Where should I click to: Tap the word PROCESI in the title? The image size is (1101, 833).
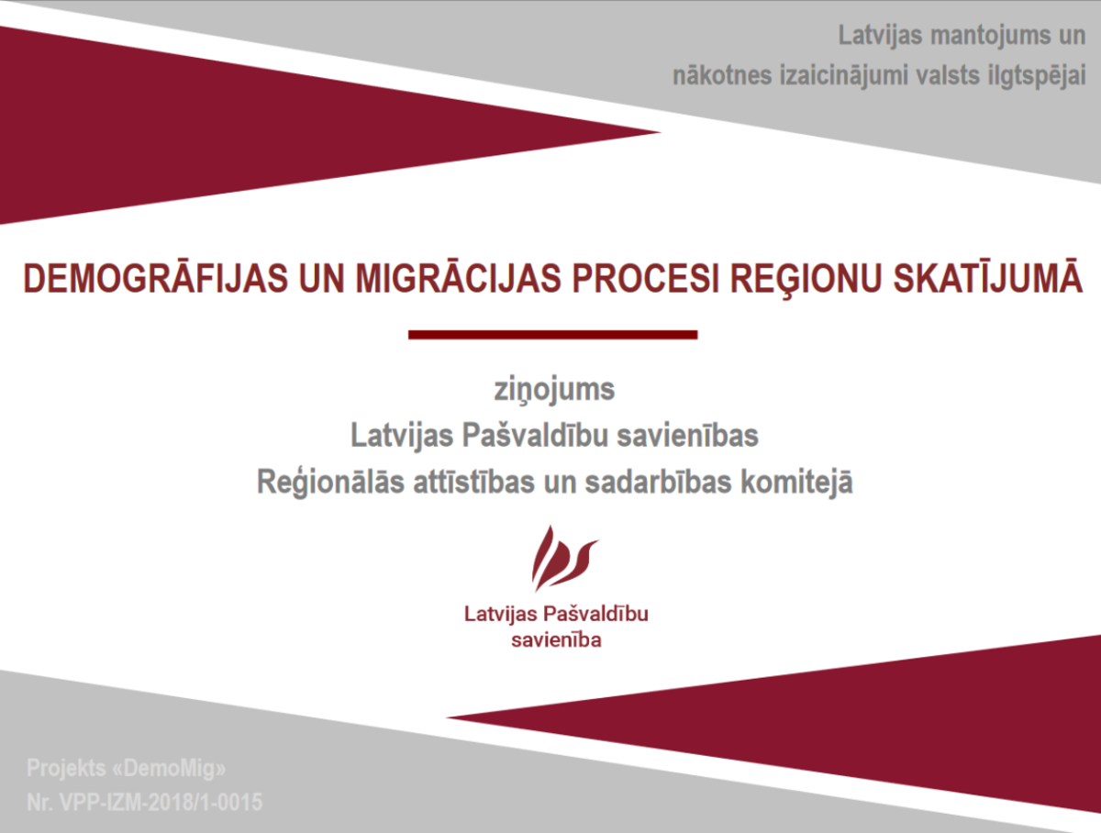click(x=646, y=278)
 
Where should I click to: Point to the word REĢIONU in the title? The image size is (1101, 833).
click(x=806, y=281)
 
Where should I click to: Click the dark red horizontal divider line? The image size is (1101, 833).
click(x=552, y=335)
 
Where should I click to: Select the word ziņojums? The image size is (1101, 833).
click(x=554, y=391)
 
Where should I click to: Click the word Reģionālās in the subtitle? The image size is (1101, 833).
click(x=330, y=483)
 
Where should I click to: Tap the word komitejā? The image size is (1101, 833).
click(x=796, y=483)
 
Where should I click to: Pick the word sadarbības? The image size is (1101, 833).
click(x=658, y=482)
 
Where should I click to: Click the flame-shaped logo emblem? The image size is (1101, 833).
click(x=563, y=558)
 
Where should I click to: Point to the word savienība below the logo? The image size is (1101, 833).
click(x=556, y=640)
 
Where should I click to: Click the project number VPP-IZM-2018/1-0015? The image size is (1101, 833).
click(x=161, y=802)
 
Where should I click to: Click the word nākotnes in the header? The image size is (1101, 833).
click(x=722, y=76)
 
